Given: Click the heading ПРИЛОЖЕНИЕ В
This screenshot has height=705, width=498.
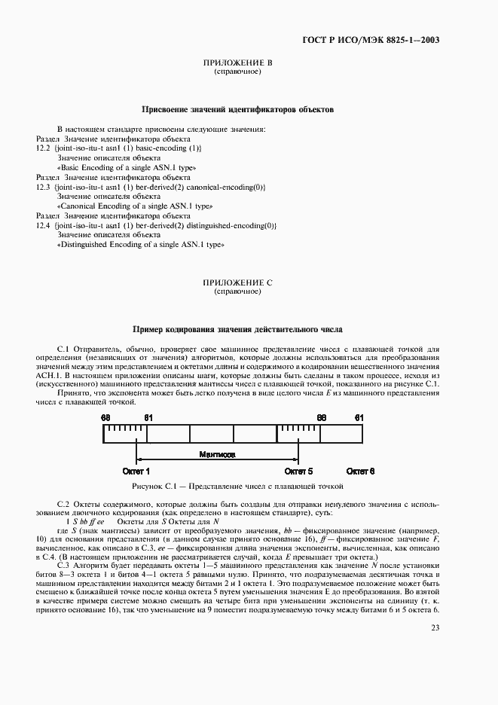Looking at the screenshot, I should pyautogui.click(x=238, y=63).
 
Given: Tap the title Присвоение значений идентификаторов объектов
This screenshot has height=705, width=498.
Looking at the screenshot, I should pyautogui.click(x=238, y=110).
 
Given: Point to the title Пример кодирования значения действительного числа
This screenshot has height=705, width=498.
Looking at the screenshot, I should pyautogui.click(x=238, y=329).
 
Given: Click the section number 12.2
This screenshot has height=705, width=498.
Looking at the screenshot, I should pyautogui.click(x=43, y=149).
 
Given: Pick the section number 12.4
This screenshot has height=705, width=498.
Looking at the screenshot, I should pyautogui.click(x=43, y=225).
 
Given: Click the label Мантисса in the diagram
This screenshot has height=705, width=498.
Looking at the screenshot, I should pyautogui.click(x=216, y=456).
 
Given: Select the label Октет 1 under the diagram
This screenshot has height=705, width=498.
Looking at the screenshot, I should pyautogui.click(x=136, y=471).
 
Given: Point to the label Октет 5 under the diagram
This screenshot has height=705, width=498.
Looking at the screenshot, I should pyautogui.click(x=298, y=471).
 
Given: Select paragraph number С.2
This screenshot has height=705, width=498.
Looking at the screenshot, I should pyautogui.click(x=64, y=502).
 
